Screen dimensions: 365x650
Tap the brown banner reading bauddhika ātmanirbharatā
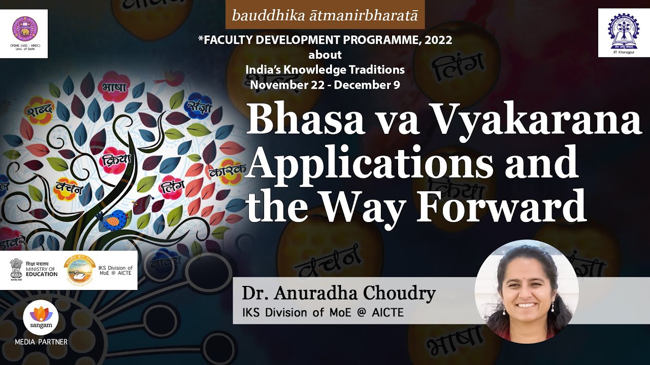point(325,15)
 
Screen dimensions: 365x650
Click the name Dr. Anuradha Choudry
point(339,293)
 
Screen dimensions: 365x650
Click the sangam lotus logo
point(41,317)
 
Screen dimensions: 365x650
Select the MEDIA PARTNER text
point(41,342)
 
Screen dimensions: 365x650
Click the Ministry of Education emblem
point(16,269)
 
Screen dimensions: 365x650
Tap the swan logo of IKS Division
point(80,269)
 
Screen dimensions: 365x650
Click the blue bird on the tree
point(114,219)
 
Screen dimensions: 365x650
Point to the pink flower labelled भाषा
point(114,87)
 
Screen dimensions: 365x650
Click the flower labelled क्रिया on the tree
point(116,160)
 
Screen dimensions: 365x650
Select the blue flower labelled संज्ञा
point(199,105)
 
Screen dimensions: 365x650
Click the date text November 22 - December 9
point(325,85)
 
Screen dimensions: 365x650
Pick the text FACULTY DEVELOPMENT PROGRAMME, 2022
point(328,41)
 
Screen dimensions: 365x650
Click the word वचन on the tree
point(69,188)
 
